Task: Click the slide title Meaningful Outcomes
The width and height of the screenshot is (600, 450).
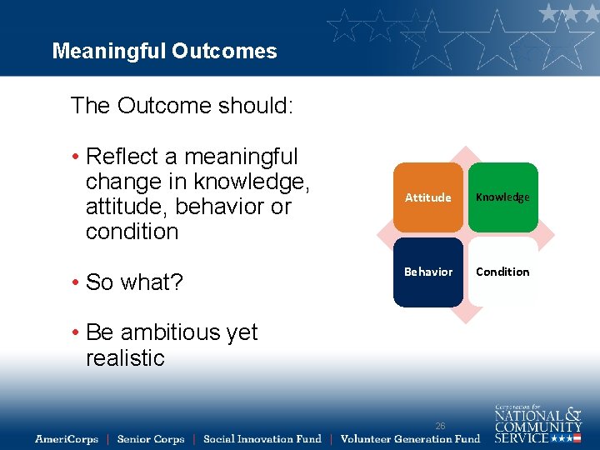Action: [x=164, y=52]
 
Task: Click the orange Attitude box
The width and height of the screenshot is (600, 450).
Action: [x=427, y=197]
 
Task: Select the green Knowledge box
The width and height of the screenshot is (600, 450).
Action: [x=502, y=197]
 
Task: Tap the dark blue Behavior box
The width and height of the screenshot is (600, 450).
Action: [x=427, y=272]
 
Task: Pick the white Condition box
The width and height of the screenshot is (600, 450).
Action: [x=502, y=272]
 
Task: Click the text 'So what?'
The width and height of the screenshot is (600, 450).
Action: [x=134, y=282]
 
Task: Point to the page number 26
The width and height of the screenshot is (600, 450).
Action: [x=440, y=426]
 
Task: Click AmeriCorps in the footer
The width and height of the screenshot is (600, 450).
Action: [x=67, y=439]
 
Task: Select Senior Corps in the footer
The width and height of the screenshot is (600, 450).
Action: [x=151, y=439]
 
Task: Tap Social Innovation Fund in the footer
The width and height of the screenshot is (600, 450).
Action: [x=262, y=439]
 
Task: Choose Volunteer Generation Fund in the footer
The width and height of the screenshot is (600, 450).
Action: [x=410, y=439]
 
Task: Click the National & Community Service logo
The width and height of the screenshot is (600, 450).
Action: [x=537, y=423]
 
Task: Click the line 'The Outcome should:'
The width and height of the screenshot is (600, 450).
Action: [x=182, y=106]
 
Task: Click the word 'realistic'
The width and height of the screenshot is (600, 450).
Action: [x=125, y=358]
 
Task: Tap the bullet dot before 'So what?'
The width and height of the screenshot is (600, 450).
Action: [x=75, y=282]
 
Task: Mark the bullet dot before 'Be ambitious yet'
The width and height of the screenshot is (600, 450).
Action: [x=75, y=332]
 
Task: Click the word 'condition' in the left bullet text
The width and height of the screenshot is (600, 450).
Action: [x=132, y=232]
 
